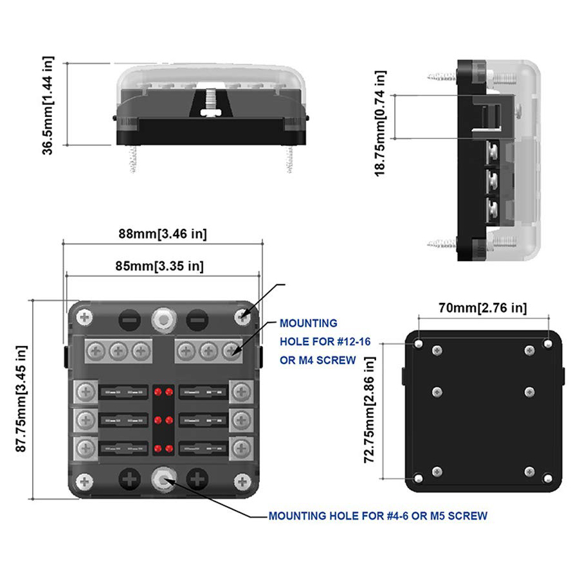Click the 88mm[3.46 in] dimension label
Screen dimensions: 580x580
click(162, 234)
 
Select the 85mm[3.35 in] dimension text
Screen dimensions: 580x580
click(163, 266)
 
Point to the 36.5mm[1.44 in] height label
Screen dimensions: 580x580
click(49, 104)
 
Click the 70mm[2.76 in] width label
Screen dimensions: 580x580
click(483, 308)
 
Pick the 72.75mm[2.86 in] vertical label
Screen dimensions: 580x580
click(370, 411)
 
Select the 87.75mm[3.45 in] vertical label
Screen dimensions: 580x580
click(22, 399)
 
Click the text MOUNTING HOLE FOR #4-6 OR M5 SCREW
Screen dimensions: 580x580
click(377, 516)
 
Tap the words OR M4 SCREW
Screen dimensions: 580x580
click(318, 360)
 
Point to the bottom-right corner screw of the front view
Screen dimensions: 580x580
click(242, 480)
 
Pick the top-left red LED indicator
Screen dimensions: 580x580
click(158, 391)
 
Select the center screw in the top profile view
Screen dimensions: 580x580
click(211, 103)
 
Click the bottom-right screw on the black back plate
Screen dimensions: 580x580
click(547, 478)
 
